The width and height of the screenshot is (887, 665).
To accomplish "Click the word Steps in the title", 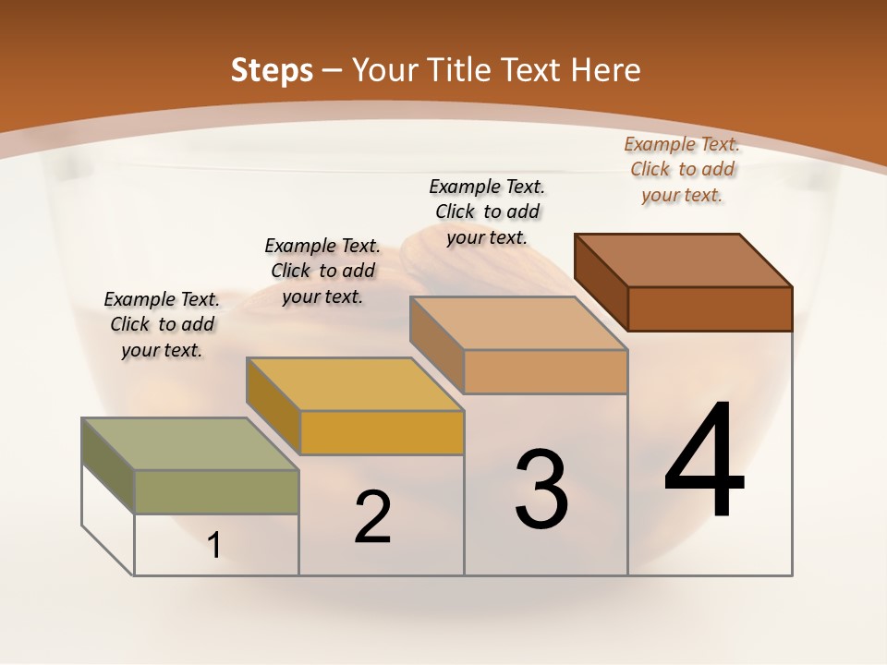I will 272,70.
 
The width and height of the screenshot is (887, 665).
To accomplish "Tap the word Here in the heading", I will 605,70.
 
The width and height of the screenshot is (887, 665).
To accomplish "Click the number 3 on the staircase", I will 541,489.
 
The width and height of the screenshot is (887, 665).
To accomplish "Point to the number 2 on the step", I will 372,516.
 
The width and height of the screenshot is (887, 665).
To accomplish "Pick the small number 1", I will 214,545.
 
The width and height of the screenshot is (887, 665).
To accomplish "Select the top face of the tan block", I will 518,323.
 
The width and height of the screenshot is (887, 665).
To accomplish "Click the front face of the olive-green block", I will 217,491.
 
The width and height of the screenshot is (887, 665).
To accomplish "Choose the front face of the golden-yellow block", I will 382,432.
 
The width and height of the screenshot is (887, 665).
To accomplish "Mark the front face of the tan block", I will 545,371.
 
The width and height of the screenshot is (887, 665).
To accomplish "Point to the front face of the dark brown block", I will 710,308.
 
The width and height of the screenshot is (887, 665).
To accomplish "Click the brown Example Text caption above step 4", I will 682,169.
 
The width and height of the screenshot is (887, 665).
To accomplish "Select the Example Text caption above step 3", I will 487,212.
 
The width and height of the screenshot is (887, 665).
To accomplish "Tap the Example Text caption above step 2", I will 322,271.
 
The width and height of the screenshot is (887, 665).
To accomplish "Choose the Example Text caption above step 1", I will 162,324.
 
